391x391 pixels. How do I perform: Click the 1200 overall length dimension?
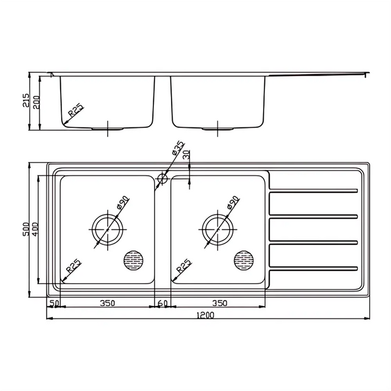click(206, 315)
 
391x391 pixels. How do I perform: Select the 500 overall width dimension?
click(26, 229)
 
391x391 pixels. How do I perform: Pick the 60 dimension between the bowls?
click(162, 303)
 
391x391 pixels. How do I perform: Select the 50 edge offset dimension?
click(54, 303)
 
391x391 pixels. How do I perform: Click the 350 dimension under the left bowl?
click(107, 303)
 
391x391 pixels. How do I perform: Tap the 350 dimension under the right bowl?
click(219, 303)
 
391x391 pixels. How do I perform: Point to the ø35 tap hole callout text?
click(177, 150)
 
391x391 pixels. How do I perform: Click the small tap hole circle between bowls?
click(162, 178)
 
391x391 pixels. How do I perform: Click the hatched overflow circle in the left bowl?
click(133, 260)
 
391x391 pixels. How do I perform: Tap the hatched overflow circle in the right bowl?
click(244, 260)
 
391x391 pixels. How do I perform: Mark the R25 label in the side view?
click(76, 110)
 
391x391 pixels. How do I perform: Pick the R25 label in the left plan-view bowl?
click(74, 265)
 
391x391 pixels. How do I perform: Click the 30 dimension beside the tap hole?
click(186, 155)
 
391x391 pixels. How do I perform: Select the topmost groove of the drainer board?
click(314, 192)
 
